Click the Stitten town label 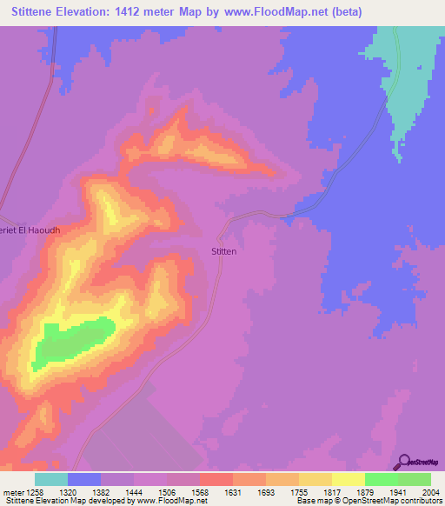coord(224,251)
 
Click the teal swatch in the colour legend coord(51,479)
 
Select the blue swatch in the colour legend coord(84,479)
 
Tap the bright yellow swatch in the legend coord(349,479)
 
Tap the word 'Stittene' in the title coord(40,11)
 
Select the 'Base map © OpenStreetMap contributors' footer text coord(367,502)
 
